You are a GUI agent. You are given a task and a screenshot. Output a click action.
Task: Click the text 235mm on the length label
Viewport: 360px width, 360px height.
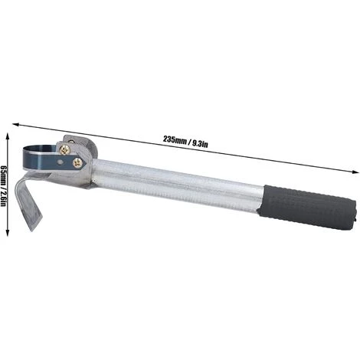(x=175, y=140)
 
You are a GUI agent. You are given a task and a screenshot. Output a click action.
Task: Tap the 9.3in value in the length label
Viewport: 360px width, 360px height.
(x=200, y=144)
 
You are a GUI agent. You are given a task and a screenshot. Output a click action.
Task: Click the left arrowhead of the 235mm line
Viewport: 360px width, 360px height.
(x=16, y=125)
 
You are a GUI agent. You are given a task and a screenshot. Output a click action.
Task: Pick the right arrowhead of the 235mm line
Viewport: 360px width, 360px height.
(x=355, y=172)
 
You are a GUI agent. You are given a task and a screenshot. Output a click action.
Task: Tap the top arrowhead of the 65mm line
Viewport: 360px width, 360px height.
(x=8, y=136)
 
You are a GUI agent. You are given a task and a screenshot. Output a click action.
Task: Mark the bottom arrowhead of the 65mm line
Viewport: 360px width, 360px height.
(x=8, y=232)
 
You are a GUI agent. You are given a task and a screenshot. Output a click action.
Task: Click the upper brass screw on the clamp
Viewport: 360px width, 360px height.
(x=64, y=149)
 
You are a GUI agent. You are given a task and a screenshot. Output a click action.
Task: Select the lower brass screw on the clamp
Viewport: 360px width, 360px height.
(x=77, y=163)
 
